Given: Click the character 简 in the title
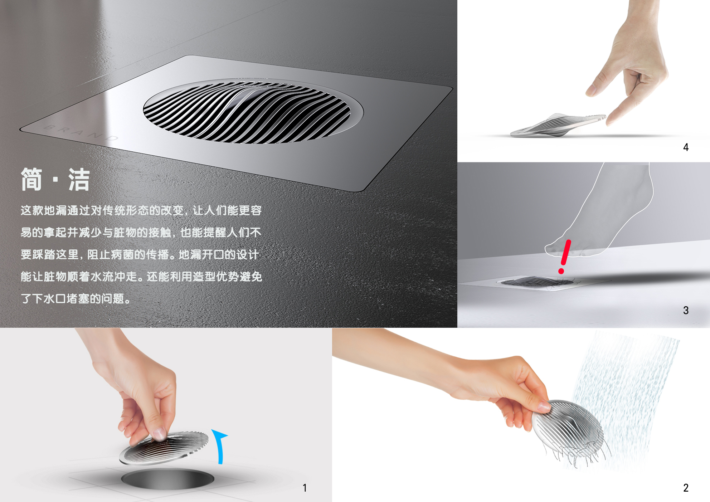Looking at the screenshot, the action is pos(31,179).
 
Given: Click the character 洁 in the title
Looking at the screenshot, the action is pos(79,179).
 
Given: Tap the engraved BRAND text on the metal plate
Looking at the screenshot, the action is pos(81,132).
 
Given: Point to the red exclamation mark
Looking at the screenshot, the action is pos(565,257).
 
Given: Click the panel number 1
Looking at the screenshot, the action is pos(305,488).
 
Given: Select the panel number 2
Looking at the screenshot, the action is pos(686,488).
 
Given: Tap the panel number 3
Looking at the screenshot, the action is pos(686,310).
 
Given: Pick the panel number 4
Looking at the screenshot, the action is pos(686,147).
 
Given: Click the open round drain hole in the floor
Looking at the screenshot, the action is pos(167,479).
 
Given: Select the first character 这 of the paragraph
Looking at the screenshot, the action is pos(26,210).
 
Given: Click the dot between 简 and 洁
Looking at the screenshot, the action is pos(55,179).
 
